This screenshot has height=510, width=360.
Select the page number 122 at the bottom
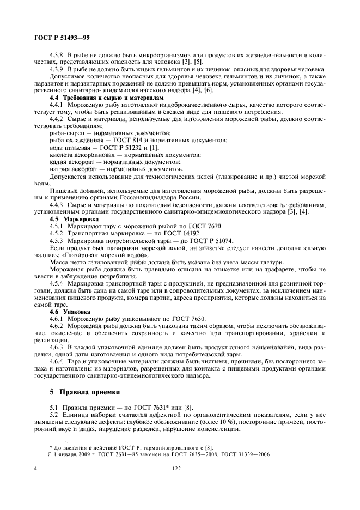(176, 467)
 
